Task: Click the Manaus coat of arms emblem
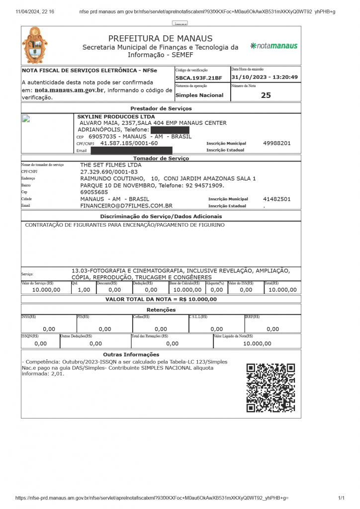coord(34,45)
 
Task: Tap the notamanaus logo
coord(274,46)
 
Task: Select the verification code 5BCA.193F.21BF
coord(198,78)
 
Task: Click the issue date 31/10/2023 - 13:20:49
coord(265,77)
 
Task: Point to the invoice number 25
coord(266,95)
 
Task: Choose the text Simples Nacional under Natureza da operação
coord(199,95)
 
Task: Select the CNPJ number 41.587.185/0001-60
coord(129,143)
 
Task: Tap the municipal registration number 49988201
coord(277,143)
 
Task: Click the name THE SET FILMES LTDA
coord(111,165)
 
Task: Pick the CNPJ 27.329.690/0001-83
coord(109,171)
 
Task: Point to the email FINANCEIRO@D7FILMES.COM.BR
coord(126,205)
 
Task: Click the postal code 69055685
coord(94,192)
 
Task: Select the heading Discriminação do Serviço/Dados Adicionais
coord(161,216)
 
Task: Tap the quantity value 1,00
coord(84,289)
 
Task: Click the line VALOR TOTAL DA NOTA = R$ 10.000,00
coord(161,299)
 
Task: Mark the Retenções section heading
coord(161,310)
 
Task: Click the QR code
coord(271,388)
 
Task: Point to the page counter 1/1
coord(341,498)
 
